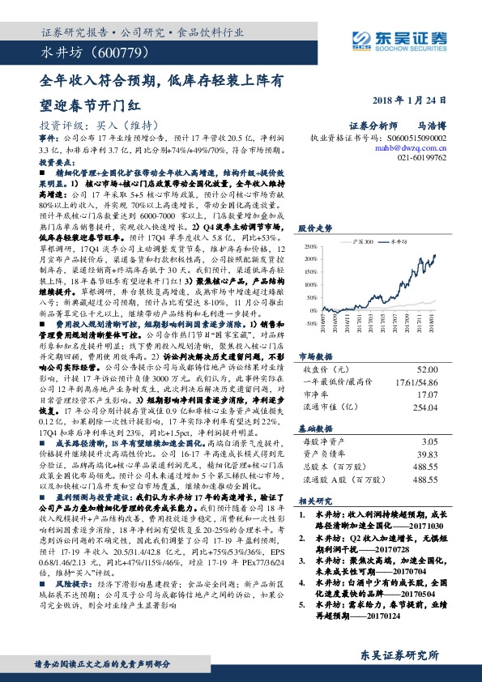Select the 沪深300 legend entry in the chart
pos(363,241)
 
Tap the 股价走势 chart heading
pos(316,228)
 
